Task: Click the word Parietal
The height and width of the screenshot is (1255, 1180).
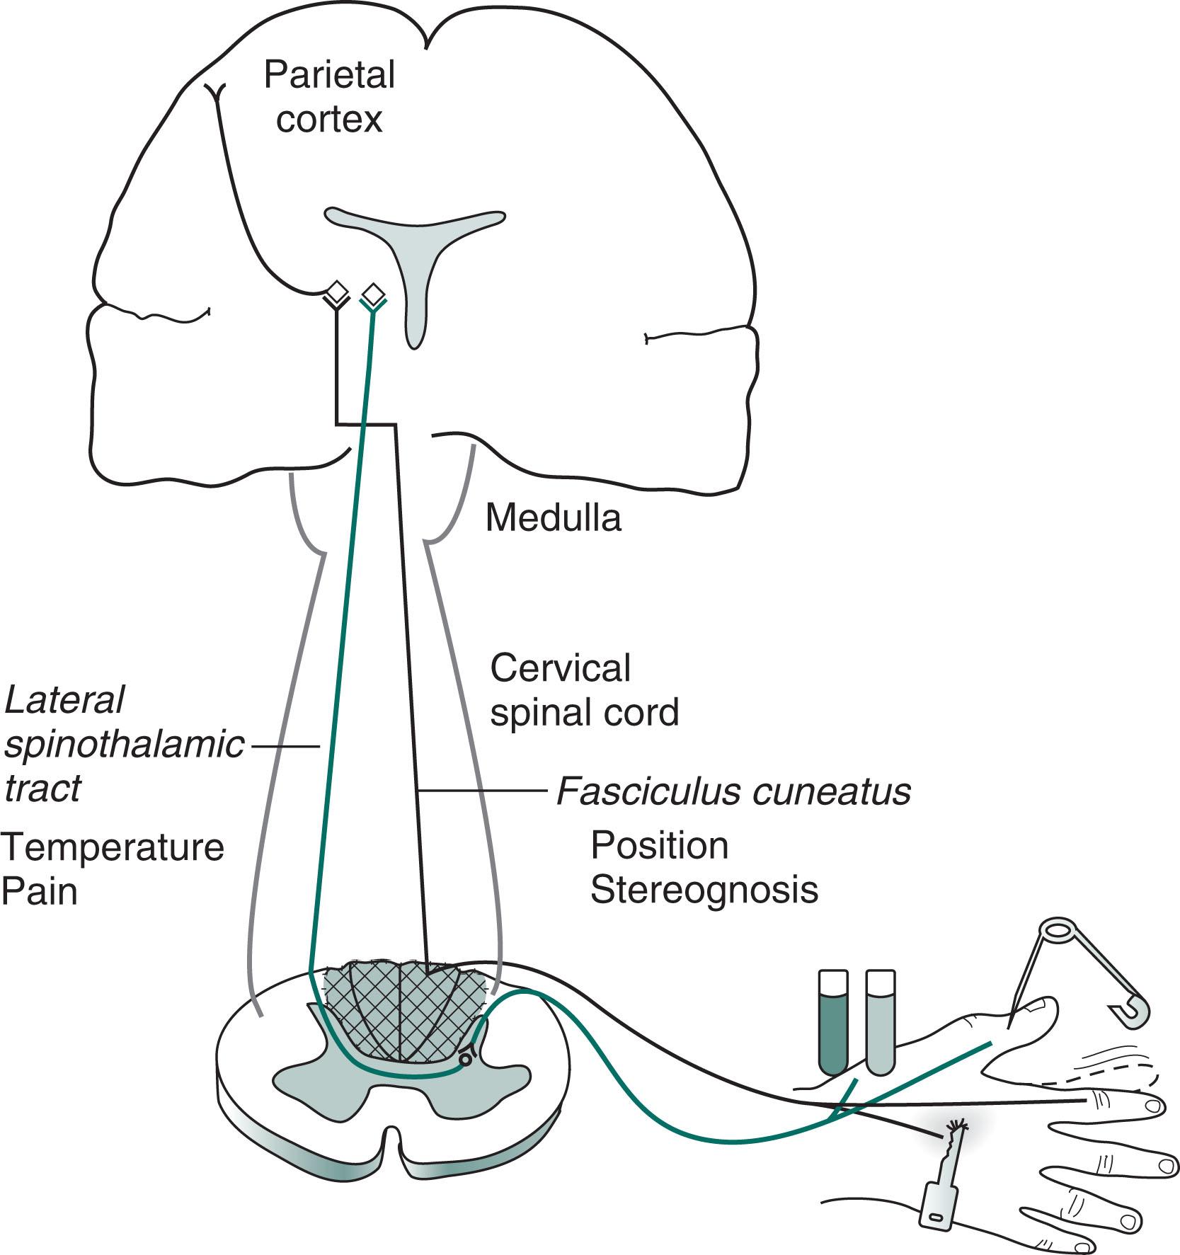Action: [328, 75]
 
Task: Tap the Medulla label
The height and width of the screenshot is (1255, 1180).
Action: [553, 518]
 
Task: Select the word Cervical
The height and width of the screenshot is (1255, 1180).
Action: [560, 668]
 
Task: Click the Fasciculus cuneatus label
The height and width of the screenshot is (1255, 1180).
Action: [733, 791]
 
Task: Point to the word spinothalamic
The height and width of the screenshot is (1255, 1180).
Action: [124, 745]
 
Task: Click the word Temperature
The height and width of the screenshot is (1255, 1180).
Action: [113, 847]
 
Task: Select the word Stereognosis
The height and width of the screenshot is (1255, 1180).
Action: [704, 890]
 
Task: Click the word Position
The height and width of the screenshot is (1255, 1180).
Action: [659, 845]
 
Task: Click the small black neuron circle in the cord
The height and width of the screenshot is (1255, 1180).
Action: [465, 1059]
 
